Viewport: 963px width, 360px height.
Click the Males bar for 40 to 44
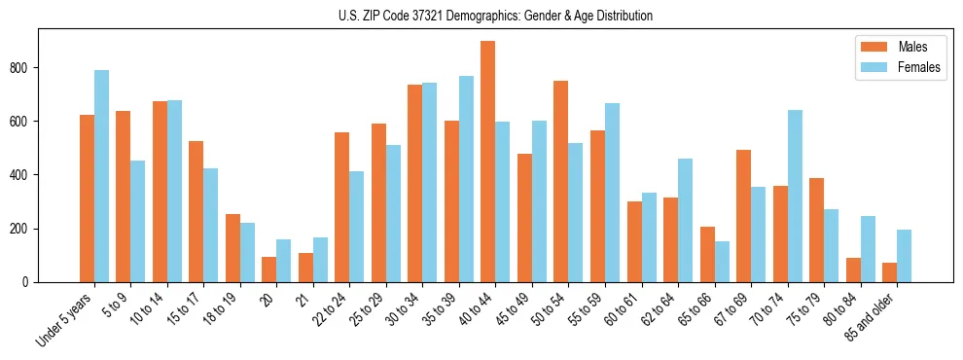[x=488, y=162]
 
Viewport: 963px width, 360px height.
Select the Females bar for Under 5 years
[x=101, y=176]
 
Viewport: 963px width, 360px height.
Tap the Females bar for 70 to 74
[x=796, y=197]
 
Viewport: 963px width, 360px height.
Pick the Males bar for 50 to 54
[x=561, y=182]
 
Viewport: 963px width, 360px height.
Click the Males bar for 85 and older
[x=890, y=272]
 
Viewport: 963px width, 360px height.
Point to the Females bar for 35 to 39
[x=467, y=179]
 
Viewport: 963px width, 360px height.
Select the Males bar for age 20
[x=268, y=270]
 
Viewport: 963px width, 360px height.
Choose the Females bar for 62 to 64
[x=686, y=221]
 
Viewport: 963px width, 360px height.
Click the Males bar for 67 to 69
[x=744, y=216]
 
